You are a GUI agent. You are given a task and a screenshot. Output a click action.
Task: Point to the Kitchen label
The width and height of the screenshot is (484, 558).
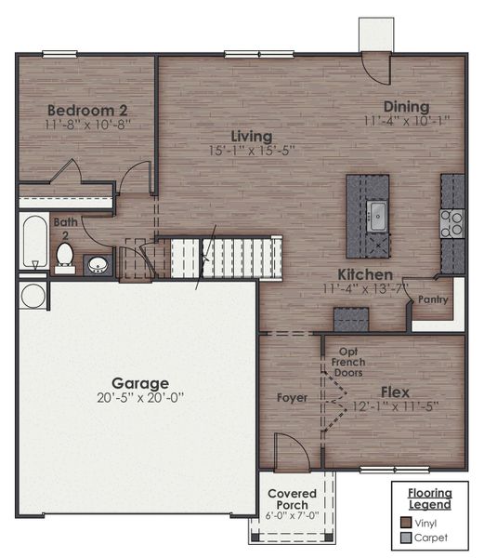pos(364,274)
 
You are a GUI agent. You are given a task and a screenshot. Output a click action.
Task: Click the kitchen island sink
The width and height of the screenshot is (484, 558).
pos(376,217)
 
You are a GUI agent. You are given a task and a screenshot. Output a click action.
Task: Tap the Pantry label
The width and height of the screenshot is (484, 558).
pos(433,299)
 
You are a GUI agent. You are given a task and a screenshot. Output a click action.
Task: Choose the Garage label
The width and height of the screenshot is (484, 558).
pos(140,382)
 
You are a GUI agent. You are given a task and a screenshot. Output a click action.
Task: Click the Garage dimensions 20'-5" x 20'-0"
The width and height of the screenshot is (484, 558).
pos(140,397)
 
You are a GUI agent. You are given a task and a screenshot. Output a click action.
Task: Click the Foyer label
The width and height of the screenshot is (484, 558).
pos(291,398)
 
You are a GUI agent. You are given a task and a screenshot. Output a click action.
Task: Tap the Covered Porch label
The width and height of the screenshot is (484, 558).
pos(292,499)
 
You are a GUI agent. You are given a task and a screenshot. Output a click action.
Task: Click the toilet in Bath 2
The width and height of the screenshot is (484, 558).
pos(65,254)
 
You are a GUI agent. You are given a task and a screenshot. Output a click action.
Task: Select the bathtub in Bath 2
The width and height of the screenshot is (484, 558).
pos(34,241)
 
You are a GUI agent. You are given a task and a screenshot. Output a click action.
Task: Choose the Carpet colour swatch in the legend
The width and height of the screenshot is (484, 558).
pos(406,538)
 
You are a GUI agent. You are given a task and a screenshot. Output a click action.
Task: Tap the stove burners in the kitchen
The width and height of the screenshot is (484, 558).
pos(452,223)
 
